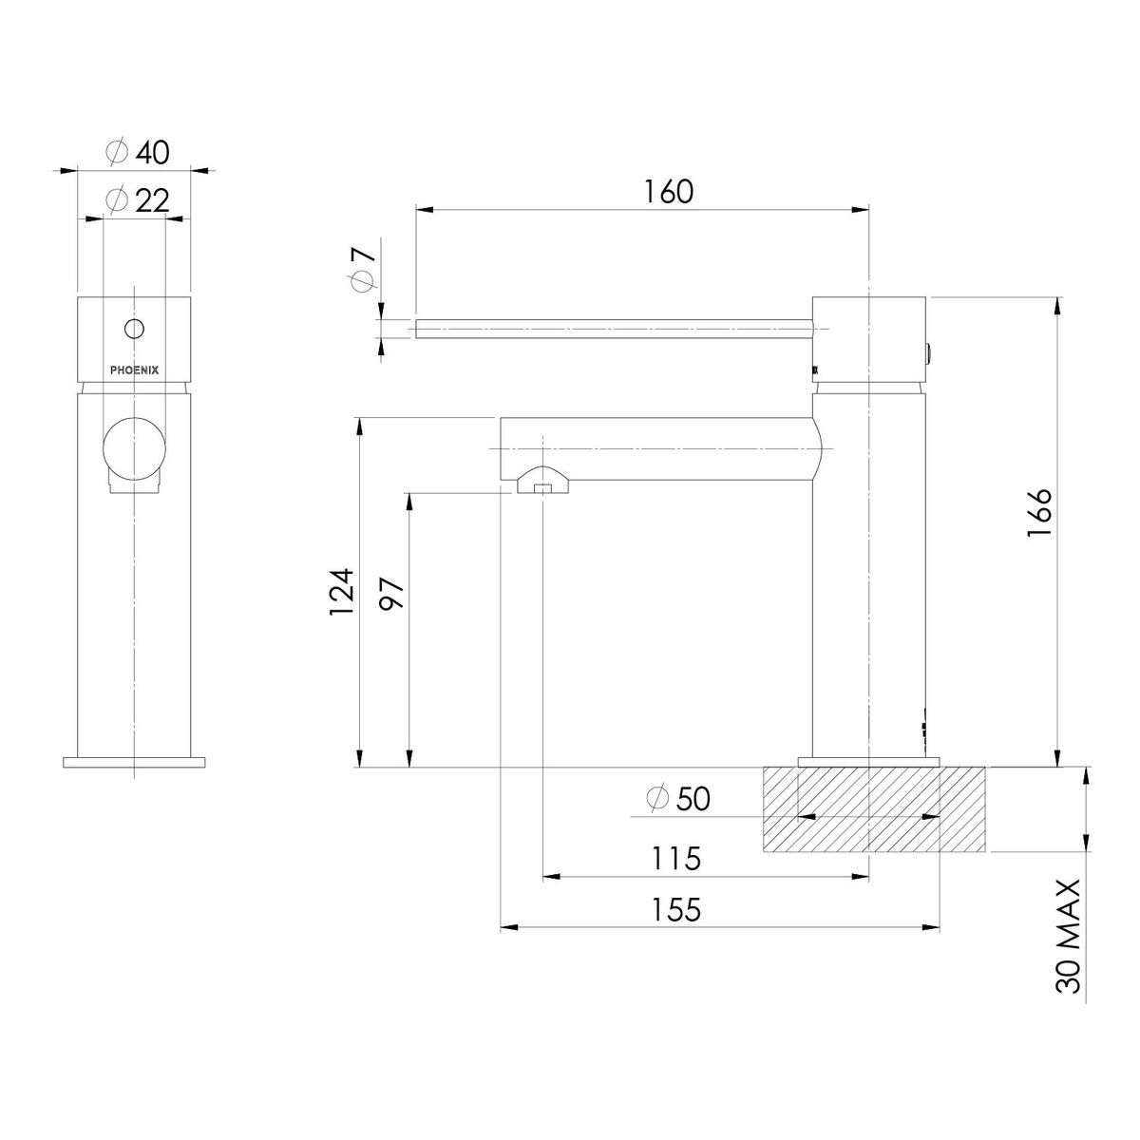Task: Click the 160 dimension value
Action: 668,191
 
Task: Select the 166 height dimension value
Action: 1039,513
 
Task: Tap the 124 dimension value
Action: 341,592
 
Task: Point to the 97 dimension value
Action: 390,594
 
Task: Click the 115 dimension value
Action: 675,858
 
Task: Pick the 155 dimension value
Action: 675,909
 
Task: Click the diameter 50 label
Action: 678,799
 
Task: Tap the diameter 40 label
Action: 138,152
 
